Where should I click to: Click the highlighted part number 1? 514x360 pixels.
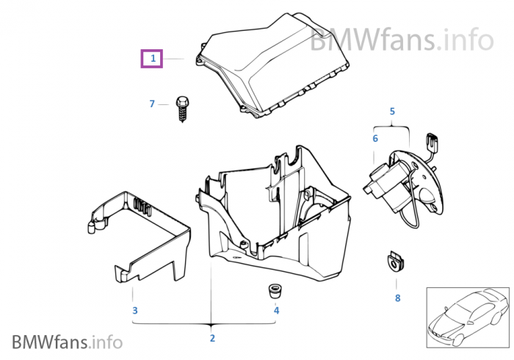[x=153, y=57]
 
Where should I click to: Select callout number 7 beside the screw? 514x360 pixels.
[x=153, y=104]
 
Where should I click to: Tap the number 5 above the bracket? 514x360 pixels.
[x=392, y=112]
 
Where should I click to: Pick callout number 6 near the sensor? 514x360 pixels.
[x=374, y=138]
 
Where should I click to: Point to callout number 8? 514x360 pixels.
[x=397, y=298]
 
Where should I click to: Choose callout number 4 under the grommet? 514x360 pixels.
[x=276, y=311]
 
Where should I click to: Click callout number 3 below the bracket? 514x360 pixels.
[x=134, y=311]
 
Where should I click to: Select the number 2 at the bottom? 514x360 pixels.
[x=212, y=338]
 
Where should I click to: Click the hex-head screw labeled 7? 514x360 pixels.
[x=181, y=109]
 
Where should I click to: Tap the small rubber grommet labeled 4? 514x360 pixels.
[x=275, y=289]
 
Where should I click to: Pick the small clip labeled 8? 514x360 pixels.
[x=397, y=261]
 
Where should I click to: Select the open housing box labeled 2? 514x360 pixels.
[x=272, y=213]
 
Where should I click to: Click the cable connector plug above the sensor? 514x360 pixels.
[x=431, y=143]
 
